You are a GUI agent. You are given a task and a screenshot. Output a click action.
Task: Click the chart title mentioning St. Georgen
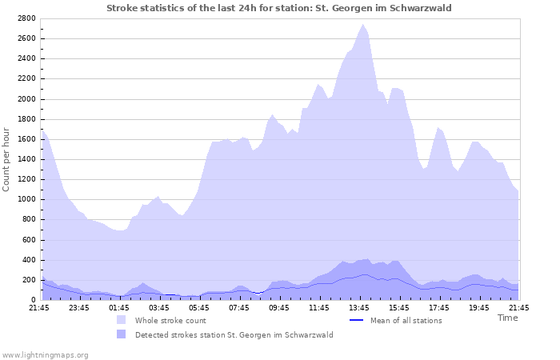pyautogui.click(x=279, y=8)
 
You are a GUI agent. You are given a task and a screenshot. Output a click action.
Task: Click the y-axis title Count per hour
pyautogui.click(x=7, y=158)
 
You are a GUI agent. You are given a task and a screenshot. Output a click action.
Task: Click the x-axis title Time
pyautogui.click(x=507, y=318)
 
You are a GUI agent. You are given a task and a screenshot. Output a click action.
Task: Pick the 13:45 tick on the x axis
pyautogui.click(x=359, y=306)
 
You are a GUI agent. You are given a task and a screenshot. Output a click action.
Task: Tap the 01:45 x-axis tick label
pyautogui.click(x=119, y=306)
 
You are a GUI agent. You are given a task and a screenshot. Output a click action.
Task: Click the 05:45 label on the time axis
pyautogui.click(x=199, y=306)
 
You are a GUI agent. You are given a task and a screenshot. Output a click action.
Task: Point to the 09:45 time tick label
pyautogui.click(x=279, y=306)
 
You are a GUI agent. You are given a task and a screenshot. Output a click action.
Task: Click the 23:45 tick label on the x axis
pyautogui.click(x=79, y=306)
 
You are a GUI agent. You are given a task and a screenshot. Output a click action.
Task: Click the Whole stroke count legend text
pyautogui.click(x=170, y=320)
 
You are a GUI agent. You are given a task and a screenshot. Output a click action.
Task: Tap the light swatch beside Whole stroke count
pyautogui.click(x=121, y=320)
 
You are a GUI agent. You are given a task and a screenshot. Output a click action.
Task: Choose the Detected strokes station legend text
pyautogui.click(x=234, y=334)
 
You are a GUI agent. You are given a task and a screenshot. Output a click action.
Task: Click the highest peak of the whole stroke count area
pyautogui.click(x=363, y=25)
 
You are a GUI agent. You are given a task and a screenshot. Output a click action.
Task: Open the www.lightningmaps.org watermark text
pyautogui.click(x=45, y=354)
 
